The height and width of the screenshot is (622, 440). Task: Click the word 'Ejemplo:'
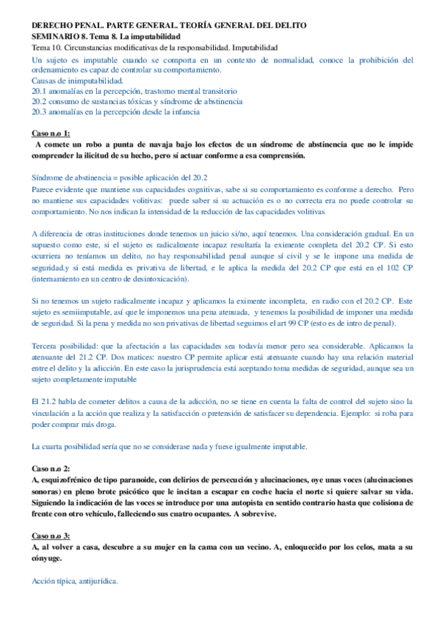tap(350, 412)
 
